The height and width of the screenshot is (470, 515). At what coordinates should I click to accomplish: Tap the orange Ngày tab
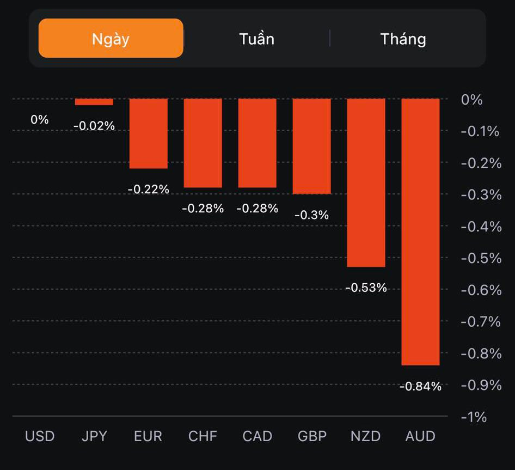click(111, 38)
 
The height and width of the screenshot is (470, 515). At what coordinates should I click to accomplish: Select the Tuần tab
click(256, 39)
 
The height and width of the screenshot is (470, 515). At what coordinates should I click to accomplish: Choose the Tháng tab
click(403, 39)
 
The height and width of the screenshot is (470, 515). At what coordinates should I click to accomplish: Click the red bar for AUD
click(420, 231)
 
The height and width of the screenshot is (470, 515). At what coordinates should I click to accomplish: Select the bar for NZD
click(366, 182)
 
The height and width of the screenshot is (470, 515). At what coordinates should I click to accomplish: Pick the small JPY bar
click(94, 102)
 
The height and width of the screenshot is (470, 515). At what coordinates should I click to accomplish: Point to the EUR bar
click(148, 133)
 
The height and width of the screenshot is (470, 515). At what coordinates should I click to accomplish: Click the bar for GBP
click(311, 146)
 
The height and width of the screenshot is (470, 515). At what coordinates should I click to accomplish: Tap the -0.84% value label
click(420, 387)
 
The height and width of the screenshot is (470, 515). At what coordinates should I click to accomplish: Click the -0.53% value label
click(366, 288)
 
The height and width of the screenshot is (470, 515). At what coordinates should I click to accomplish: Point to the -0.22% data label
click(148, 190)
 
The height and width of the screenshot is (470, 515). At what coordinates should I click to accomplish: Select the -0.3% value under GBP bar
click(311, 215)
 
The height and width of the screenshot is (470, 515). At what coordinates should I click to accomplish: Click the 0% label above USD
click(40, 119)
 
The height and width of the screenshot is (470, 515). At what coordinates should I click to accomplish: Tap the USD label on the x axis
click(40, 436)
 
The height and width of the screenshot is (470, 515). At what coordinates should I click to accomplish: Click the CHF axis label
click(203, 436)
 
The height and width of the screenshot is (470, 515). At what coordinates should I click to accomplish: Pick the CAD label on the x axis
click(257, 436)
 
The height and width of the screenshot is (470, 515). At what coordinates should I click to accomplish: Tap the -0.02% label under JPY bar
click(94, 126)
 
